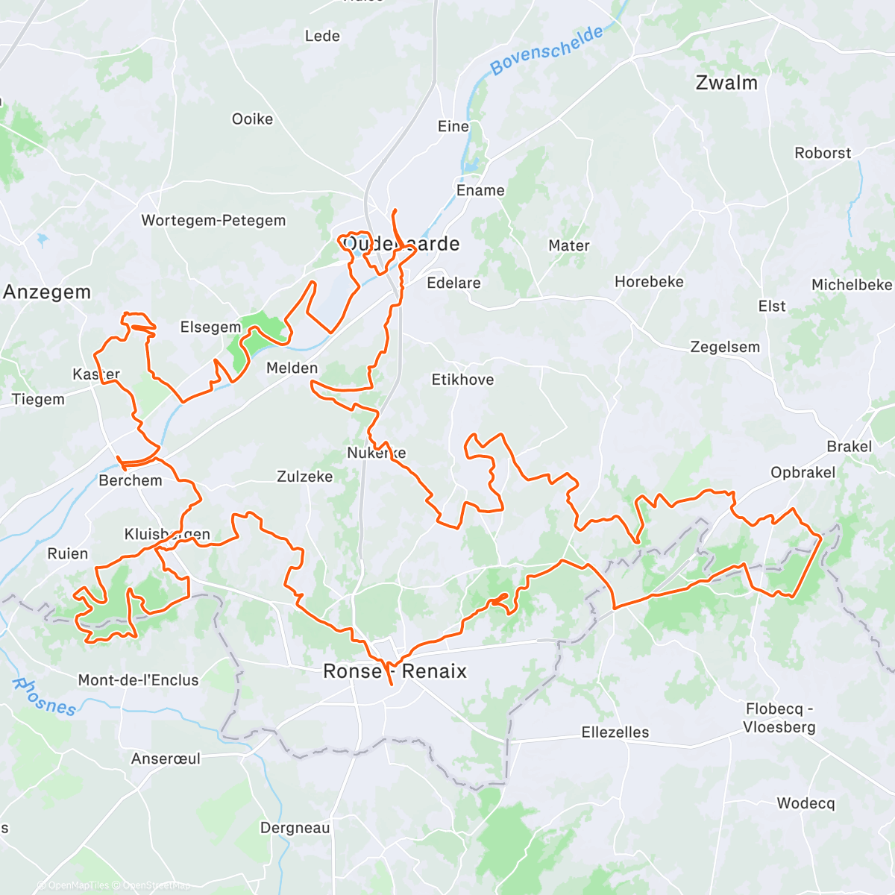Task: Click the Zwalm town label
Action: coord(726,83)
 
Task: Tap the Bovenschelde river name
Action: coord(547,51)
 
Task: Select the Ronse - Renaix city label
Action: coord(395,671)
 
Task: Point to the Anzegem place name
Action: coord(47,292)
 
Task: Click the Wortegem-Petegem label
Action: coord(213,221)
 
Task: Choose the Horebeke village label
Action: coord(649,282)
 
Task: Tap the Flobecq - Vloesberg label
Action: coord(779,718)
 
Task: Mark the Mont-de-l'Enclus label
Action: coord(138,680)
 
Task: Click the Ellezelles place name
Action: coord(615,732)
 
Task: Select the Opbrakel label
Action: coord(803,473)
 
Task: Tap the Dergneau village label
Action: coord(295,828)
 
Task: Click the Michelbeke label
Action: coord(851,285)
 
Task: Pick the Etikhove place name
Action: coord(462,380)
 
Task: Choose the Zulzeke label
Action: coord(304,477)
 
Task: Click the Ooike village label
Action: coord(252,119)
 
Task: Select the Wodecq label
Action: coord(805,803)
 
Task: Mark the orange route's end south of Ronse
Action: coord(392,684)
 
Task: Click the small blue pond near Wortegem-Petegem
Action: coord(40,241)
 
